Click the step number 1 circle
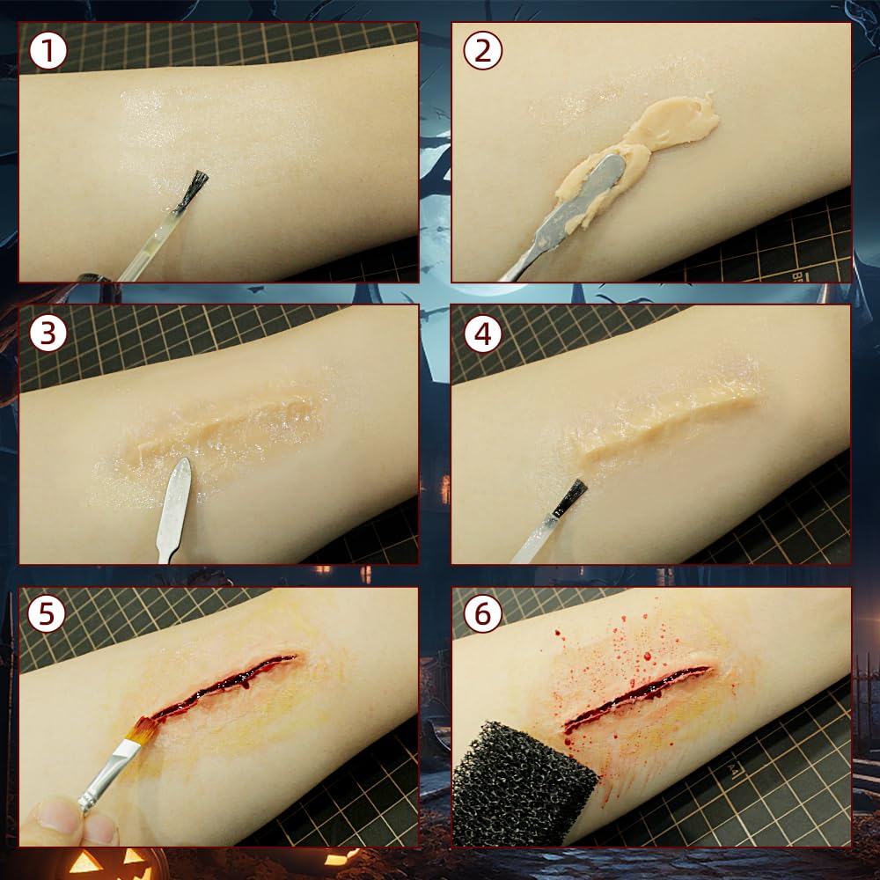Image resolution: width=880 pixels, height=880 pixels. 48,51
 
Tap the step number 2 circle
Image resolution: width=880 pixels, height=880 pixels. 482,51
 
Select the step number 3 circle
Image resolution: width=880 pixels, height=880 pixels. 48,334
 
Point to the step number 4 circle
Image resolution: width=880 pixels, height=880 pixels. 482,334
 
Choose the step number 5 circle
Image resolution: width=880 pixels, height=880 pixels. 47,613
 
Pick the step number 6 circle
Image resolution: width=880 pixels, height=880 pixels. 482,613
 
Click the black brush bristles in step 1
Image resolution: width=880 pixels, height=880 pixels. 194,188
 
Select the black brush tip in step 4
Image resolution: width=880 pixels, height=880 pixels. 568,498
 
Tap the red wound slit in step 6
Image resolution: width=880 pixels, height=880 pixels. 637,696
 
